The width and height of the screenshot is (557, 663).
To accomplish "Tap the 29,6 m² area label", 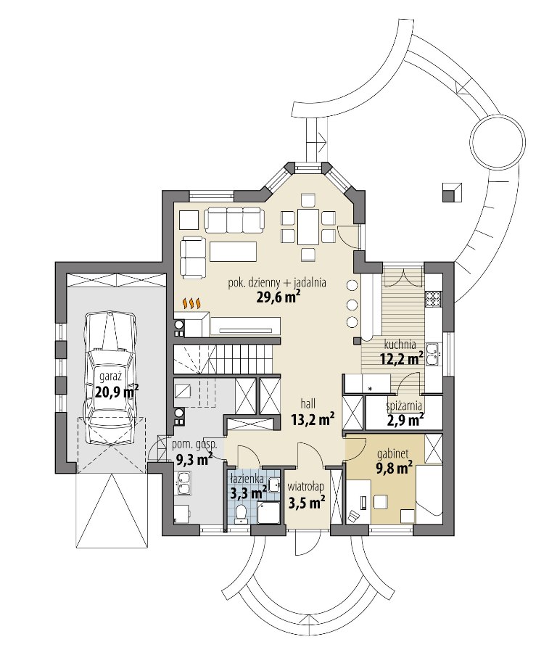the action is (x=278, y=297).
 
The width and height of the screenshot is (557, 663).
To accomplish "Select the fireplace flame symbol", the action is (x=191, y=303).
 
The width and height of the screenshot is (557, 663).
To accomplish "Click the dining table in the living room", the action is (x=308, y=226).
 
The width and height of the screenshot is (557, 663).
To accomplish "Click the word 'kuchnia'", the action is (x=400, y=345).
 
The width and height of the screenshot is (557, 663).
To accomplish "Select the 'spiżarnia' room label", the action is (x=404, y=406).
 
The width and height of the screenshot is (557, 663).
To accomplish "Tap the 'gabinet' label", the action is (x=392, y=454).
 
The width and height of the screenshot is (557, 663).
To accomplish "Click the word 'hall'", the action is (x=308, y=403).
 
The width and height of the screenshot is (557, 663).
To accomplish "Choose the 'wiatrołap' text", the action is (x=306, y=487).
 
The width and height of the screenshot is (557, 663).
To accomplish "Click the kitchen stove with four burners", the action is (x=433, y=300).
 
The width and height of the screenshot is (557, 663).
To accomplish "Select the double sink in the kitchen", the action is (x=433, y=354).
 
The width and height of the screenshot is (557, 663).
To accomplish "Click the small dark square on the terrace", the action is (x=452, y=192).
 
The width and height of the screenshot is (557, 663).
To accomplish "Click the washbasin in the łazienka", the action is (x=273, y=485).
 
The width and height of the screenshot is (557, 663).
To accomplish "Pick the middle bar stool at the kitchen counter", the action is (x=352, y=304).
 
